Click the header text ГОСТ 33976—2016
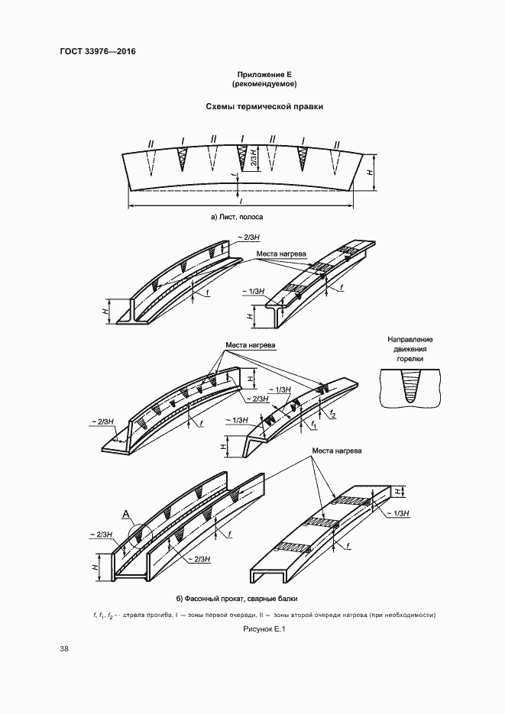point(98,51)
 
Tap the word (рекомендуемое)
point(264,84)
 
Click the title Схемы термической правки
point(264,107)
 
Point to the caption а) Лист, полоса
point(237,217)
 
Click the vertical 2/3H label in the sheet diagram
point(254,158)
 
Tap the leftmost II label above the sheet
point(151,144)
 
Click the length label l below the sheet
point(240,200)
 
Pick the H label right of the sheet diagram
point(370,172)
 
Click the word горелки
point(410,359)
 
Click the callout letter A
point(127,515)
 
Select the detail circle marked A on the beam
point(140,536)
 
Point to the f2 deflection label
point(333,415)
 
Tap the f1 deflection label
point(314,425)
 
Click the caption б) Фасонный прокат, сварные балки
point(237,599)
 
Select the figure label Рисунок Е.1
point(262,629)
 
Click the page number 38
point(64,649)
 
